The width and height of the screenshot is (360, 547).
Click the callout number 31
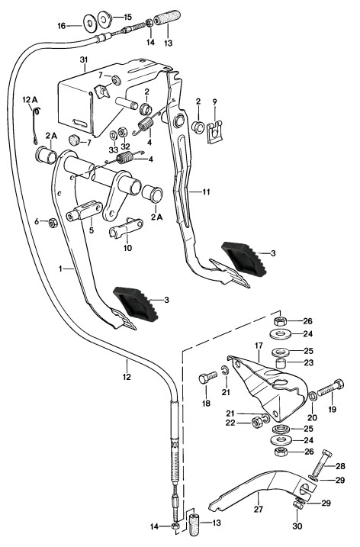click(83, 60)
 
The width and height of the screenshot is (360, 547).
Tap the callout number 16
click(62, 26)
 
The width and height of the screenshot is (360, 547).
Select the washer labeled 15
click(104, 19)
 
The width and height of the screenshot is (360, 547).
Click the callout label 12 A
click(30, 100)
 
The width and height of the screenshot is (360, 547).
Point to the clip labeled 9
click(214, 132)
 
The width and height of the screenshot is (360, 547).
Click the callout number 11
click(206, 191)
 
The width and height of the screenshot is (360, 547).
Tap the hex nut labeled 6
click(53, 223)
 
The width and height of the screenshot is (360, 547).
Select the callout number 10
click(127, 248)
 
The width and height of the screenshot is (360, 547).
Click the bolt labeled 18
click(207, 378)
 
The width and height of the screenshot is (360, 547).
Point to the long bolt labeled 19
click(330, 388)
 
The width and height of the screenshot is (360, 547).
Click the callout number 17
click(259, 346)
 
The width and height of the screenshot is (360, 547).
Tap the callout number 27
click(258, 510)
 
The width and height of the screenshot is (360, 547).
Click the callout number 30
click(297, 526)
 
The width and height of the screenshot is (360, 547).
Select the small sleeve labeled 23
click(281, 363)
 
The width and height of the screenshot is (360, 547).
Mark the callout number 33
click(114, 150)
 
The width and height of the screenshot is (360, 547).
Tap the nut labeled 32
click(123, 133)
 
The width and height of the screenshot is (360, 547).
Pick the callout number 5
click(92, 230)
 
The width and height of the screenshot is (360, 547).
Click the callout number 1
click(60, 269)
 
